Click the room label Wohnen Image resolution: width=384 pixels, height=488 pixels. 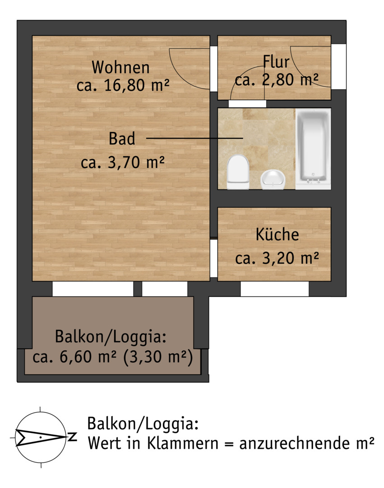[x=120, y=67]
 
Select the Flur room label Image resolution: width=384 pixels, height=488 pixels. [x=276, y=61]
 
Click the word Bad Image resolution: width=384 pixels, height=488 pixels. [x=122, y=139]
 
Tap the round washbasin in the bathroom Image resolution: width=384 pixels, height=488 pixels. [x=273, y=179]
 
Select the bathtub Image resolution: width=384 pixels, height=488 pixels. [x=313, y=149]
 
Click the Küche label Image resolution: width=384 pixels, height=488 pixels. [x=277, y=235]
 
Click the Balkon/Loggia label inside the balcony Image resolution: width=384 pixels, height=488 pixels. [x=111, y=337]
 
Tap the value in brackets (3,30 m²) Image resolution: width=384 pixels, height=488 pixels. [x=158, y=357]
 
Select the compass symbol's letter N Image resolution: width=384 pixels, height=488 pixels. [x=72, y=436]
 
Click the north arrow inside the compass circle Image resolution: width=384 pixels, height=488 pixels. [x=41, y=437]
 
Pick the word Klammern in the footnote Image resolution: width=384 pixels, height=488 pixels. [x=182, y=443]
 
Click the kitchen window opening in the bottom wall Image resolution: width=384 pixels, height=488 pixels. [x=275, y=289]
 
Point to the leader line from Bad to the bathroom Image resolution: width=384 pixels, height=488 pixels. [x=194, y=138]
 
